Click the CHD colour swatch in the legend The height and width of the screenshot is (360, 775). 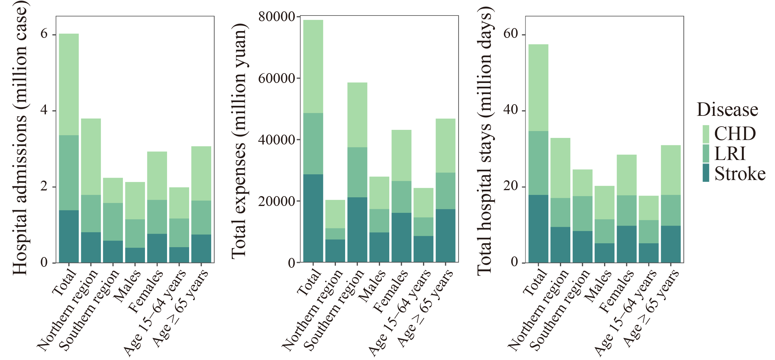point(706,134)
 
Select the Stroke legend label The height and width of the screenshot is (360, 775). point(740,174)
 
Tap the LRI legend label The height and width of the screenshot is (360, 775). point(730,154)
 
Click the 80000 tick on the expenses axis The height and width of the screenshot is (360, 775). point(276,17)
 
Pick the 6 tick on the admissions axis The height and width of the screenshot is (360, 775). point(44,34)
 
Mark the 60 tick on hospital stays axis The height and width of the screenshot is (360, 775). point(510,34)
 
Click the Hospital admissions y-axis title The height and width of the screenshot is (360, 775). point(20,139)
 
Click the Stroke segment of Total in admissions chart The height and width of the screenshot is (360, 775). point(69,236)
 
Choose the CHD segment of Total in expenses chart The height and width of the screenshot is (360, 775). point(313,66)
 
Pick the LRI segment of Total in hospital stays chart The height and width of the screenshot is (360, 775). point(538,163)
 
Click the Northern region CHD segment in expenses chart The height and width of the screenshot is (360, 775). point(335,214)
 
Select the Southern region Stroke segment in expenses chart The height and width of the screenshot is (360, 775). point(357,230)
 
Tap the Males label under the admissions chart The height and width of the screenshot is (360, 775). point(128,285)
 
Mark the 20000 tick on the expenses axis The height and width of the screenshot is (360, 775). point(276,201)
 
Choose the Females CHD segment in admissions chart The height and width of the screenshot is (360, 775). point(157,176)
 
